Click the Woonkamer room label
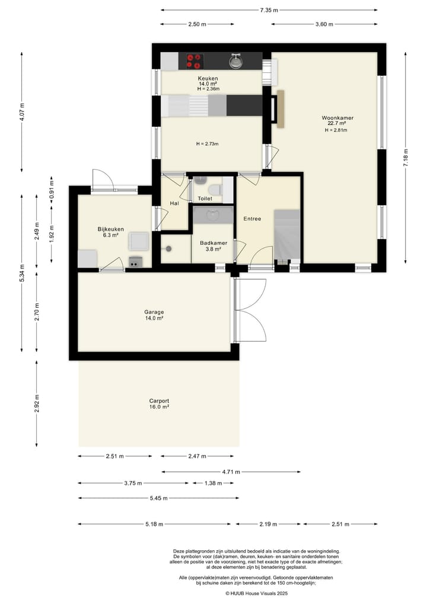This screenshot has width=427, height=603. pos(337,117)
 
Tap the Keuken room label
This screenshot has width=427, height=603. pos(208,78)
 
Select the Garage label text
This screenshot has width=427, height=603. pos(154,312)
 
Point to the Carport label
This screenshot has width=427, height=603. pos(159,401)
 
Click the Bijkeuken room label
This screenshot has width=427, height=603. pos(110,229)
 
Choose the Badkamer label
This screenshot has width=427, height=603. pos(213,243)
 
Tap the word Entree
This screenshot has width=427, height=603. pos(253,218)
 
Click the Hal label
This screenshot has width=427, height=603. pos(174,203)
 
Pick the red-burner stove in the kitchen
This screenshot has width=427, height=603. pos(195,60)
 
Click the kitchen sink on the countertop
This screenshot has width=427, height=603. pos(235,60)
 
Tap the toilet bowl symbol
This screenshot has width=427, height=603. pos(214,189)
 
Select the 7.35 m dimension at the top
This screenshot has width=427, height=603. pos(269,11)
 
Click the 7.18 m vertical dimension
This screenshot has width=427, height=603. pos(406,158)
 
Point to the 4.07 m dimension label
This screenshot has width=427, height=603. pos(21,112)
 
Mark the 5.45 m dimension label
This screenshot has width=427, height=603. pos(158,498)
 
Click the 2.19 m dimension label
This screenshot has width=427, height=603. pos(268,524)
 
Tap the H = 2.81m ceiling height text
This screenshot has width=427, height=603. pos(336,130)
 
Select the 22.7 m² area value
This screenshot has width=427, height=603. pos(337,123)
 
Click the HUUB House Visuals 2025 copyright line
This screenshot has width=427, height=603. pos(256,594)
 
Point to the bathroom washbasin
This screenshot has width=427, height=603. pos(213,215)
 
